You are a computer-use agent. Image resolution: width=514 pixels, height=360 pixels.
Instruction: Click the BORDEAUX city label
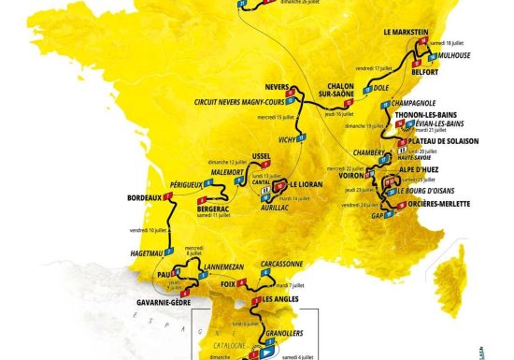pos(145,198)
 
